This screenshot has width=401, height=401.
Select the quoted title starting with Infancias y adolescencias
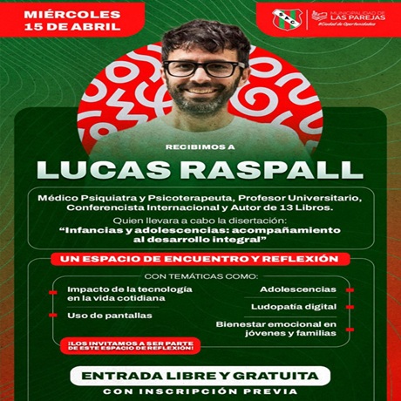pyautogui.click(x=201, y=236)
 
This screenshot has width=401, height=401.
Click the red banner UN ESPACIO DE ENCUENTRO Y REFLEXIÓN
pyautogui.click(x=201, y=259)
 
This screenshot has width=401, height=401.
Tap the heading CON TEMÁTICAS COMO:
pyautogui.click(x=200, y=276)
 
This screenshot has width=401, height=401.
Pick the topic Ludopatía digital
pyautogui.click(x=293, y=307)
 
